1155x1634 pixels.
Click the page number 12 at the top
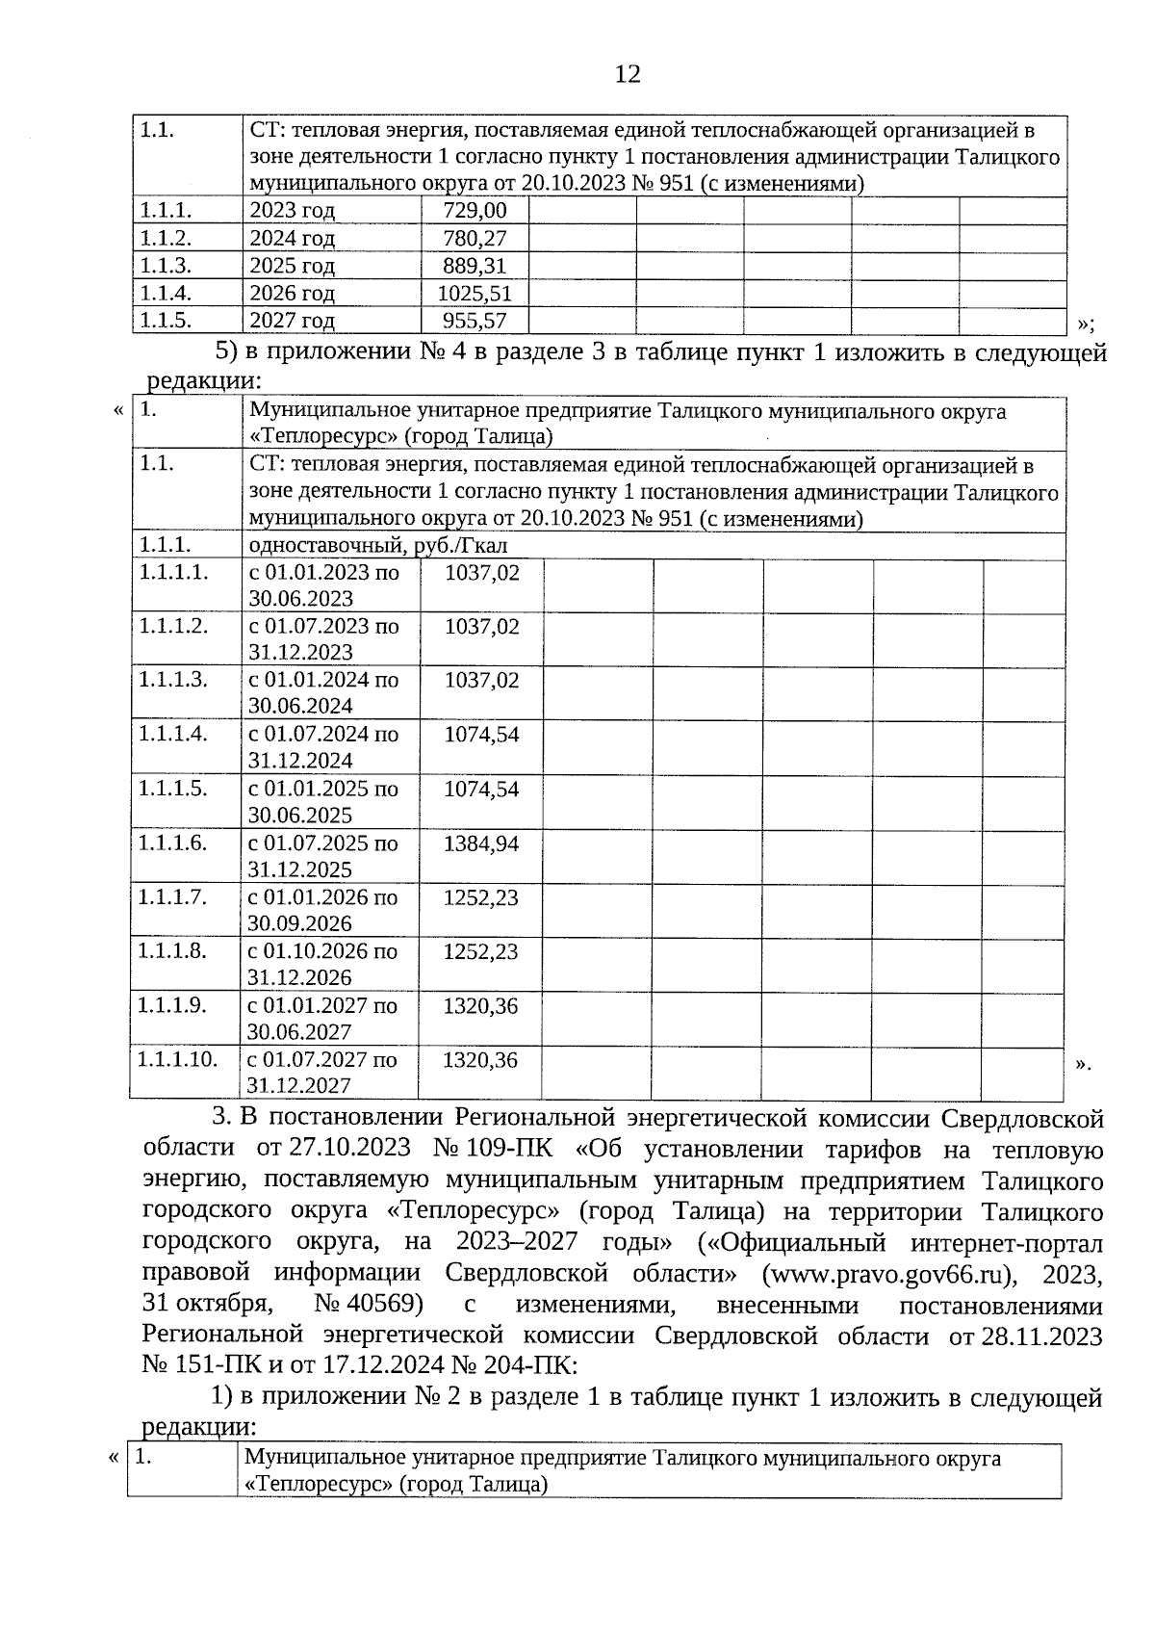[x=627, y=74]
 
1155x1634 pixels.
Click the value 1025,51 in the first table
[x=475, y=293]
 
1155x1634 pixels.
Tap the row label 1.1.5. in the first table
[x=166, y=320]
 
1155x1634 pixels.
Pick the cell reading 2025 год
[x=293, y=266]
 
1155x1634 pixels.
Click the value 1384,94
[x=481, y=843]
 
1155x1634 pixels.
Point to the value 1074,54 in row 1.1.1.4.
[x=481, y=735]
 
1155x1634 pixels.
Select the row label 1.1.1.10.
[x=177, y=1059]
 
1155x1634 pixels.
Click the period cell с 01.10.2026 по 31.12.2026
[x=322, y=964]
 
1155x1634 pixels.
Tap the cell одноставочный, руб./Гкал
[x=379, y=546]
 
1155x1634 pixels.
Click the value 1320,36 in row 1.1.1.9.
[x=480, y=1006]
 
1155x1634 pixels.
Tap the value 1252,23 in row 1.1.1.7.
[x=480, y=897]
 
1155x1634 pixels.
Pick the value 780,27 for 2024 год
[x=475, y=239]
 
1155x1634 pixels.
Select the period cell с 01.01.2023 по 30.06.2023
[x=323, y=584]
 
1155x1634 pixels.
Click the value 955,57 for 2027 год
[x=475, y=320]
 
